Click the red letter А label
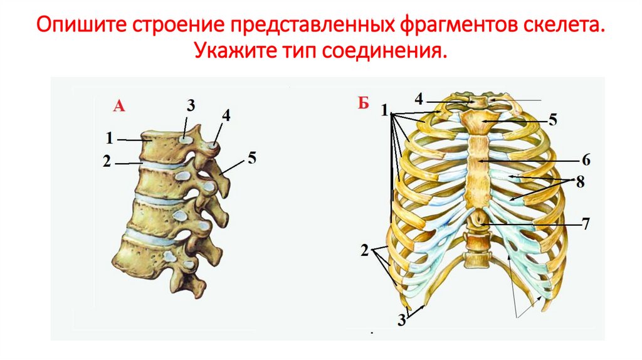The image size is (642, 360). point(119,106)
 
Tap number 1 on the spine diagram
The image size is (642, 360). point(109,137)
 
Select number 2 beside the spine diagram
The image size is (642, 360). point(107,161)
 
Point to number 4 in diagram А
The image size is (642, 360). point(226,115)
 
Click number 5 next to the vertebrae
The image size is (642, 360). point(251,157)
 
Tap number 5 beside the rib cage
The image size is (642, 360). point(552,119)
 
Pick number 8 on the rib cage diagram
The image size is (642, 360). point(580,182)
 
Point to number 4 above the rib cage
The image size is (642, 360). point(419,98)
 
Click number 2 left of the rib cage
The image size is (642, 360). point(365,251)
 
